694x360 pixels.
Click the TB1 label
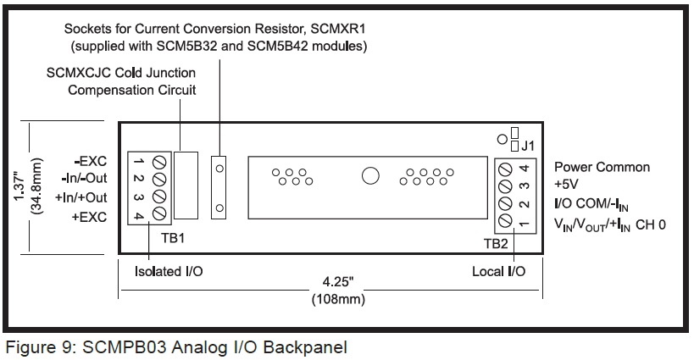[x=173, y=238]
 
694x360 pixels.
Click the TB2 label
[x=496, y=243]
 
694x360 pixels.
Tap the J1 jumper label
[x=528, y=146]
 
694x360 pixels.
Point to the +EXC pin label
[x=90, y=217]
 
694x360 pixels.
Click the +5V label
[x=566, y=184]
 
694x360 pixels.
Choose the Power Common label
[x=602, y=167]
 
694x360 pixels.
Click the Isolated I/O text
[x=169, y=271]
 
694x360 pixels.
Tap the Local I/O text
[x=499, y=271]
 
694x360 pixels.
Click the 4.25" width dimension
[x=338, y=282]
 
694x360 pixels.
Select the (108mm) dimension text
[x=338, y=299]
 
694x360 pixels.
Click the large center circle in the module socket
[x=370, y=175]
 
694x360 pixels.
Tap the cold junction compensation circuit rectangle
[x=186, y=186]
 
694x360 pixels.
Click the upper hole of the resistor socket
[x=219, y=169]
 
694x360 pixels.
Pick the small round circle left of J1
[x=502, y=139]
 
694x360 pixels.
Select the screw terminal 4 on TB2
[x=505, y=169]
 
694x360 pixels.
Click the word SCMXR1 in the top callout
[x=338, y=29]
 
